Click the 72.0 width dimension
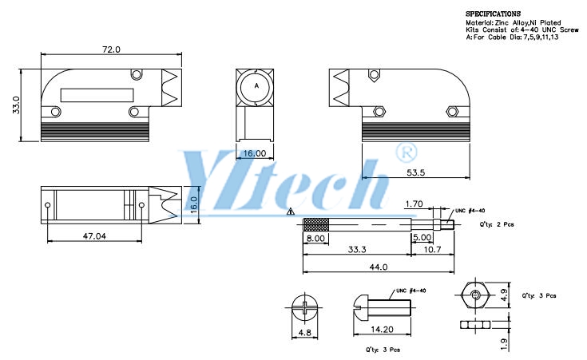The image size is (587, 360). [x=111, y=49]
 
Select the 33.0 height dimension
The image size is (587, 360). [x=16, y=105]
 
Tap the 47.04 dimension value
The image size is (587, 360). [x=94, y=236]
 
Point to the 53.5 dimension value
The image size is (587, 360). [x=415, y=172]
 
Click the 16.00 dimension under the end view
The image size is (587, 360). [x=255, y=153]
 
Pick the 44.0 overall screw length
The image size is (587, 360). [x=379, y=267]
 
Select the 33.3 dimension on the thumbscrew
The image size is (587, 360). [x=357, y=249]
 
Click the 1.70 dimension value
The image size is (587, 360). [x=414, y=204]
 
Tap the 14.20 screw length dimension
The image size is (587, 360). [x=382, y=330]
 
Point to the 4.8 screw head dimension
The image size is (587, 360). [x=304, y=332]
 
